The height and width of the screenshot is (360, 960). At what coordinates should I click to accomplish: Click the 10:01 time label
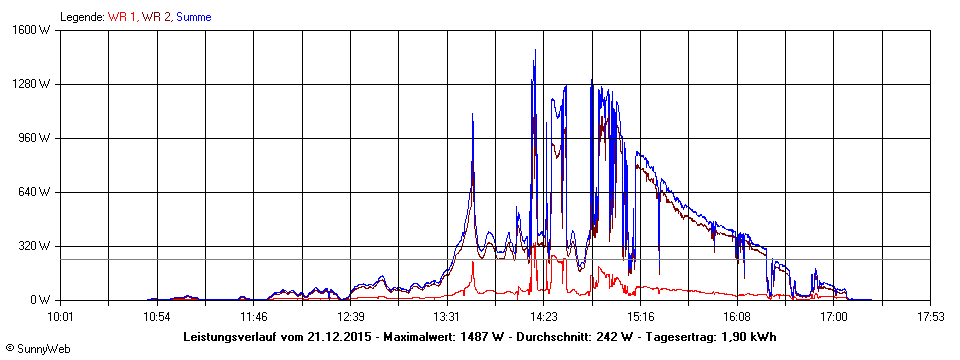(x=61, y=317)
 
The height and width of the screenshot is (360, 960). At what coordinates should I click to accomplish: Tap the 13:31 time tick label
(x=447, y=317)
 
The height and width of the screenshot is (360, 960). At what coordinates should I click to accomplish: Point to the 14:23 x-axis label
(x=543, y=317)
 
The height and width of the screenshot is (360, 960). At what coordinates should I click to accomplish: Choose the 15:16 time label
(x=640, y=317)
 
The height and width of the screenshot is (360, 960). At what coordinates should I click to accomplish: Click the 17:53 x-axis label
(x=930, y=317)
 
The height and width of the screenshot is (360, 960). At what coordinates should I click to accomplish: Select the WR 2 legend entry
(x=156, y=17)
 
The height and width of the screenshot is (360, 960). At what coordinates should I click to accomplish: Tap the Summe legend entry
(x=193, y=17)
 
